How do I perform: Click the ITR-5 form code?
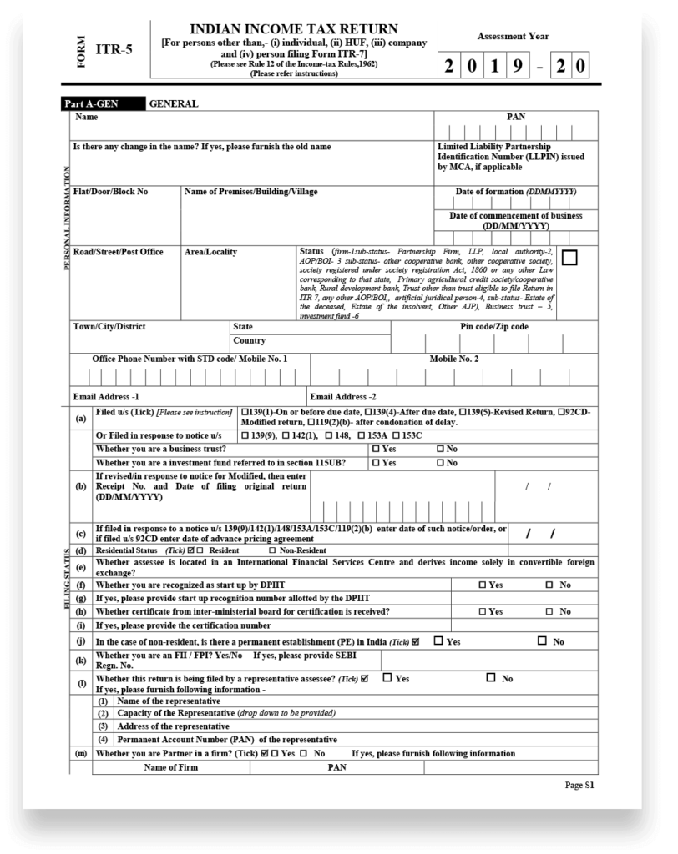[115, 51]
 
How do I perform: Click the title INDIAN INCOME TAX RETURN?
[294, 29]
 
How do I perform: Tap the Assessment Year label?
[513, 37]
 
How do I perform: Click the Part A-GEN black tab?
[92, 104]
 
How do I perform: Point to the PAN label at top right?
[516, 117]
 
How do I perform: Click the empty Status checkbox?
[569, 258]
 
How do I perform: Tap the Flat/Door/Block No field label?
[111, 192]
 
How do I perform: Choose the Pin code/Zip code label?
[494, 326]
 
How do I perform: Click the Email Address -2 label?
[343, 397]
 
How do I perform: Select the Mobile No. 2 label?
[454, 359]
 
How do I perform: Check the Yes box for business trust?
[376, 449]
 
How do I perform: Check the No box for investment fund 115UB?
[440, 462]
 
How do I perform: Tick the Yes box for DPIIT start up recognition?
[483, 585]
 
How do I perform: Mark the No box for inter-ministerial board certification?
[549, 611]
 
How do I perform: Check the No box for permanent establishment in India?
[543, 641]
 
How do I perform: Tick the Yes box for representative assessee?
[387, 678]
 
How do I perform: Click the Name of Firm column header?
[171, 767]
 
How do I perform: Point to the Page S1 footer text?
[579, 785]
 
